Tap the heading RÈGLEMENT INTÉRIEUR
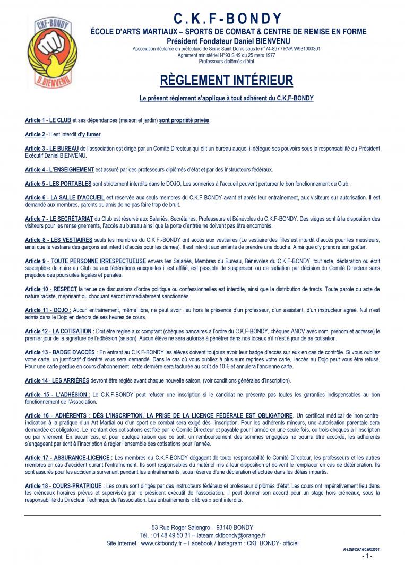point(226,80)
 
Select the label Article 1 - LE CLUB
point(48,120)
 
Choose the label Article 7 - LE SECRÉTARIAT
point(59,219)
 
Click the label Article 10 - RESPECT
point(51,289)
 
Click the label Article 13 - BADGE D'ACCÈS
point(61,352)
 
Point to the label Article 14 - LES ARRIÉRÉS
point(59,380)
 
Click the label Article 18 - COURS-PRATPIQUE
point(65,485)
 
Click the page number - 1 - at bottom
point(367,556)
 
